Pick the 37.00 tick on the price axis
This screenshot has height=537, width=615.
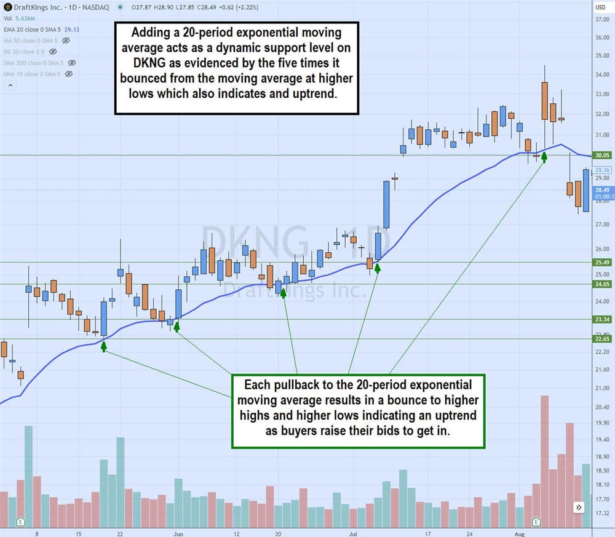click(602, 19)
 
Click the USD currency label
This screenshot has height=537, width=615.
click(601, 7)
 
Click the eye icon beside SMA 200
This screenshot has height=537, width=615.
click(72, 63)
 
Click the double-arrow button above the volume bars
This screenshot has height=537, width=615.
click(579, 507)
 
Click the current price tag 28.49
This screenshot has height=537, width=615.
click(601, 190)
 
